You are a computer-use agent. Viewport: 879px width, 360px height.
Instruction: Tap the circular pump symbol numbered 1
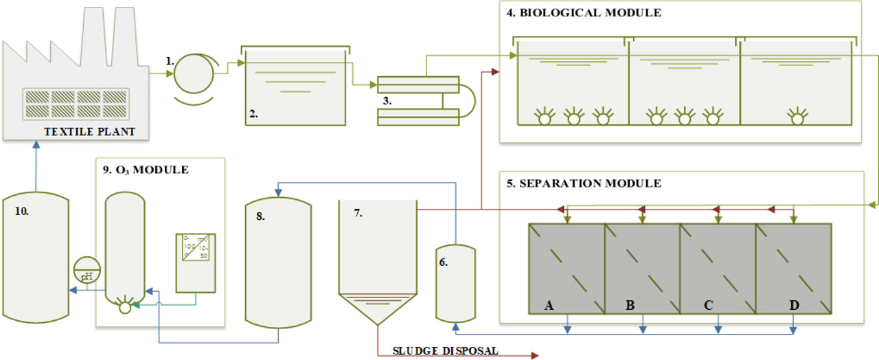[195, 76]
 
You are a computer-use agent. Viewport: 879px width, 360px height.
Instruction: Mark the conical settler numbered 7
[377, 261]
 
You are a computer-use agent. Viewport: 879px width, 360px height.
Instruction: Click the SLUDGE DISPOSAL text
[446, 350]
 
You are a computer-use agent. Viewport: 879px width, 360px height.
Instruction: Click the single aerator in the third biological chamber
[797, 117]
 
